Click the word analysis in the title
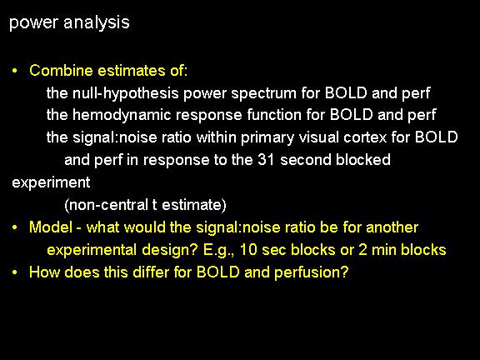[97, 23]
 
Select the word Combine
[61, 70]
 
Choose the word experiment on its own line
[51, 182]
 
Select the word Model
[51, 227]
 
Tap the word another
[392, 227]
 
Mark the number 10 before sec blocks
[248, 250]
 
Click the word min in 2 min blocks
[384, 250]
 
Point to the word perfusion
[312, 272]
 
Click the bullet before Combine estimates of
[15, 71]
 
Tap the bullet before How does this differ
[15, 272]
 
